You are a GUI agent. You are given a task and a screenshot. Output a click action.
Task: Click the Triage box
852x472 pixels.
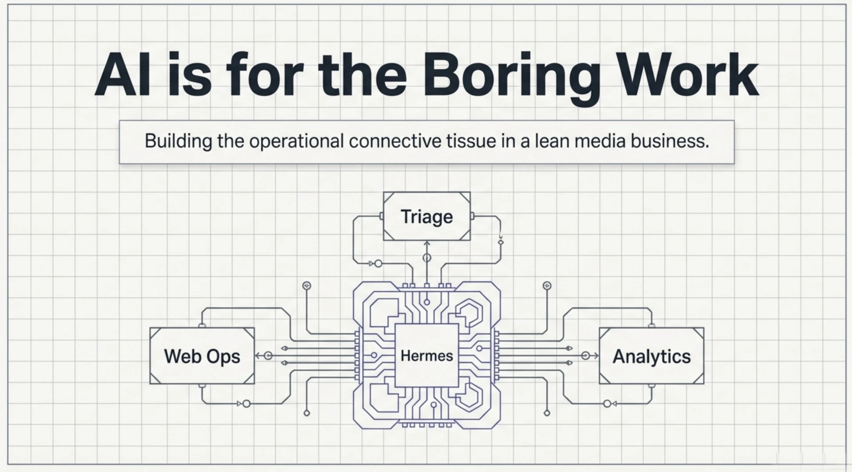[427, 216]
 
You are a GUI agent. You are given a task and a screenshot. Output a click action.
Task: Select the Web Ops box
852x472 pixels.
[202, 356]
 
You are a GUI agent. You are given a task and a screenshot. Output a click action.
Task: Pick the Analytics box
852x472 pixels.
[651, 356]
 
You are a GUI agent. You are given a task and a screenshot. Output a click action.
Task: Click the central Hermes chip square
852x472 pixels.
[427, 355]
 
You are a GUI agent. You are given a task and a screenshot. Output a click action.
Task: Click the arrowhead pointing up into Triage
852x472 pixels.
[427, 243]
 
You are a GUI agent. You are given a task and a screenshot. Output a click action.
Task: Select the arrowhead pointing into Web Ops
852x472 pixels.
[257, 356]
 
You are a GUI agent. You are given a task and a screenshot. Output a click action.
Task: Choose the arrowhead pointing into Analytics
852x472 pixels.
[596, 356]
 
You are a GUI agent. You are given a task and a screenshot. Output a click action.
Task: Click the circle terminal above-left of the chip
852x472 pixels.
[307, 286]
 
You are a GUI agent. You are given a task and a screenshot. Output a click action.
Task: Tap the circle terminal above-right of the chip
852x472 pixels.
[547, 286]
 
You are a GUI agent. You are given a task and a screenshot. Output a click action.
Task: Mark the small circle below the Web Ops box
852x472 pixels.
[246, 404]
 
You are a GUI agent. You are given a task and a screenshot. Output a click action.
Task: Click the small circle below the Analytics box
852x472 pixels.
[607, 404]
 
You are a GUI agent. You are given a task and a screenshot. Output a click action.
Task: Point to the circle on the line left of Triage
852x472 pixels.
[378, 264]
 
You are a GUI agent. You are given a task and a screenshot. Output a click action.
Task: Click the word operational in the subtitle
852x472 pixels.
[296, 142]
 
